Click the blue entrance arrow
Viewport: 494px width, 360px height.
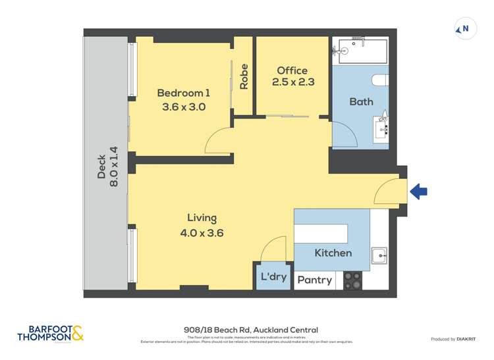(419, 192)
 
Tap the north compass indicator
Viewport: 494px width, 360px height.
(465, 29)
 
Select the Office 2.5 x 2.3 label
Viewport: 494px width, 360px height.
(292, 76)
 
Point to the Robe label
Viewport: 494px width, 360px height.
(244, 76)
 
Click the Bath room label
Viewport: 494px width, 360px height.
(361, 101)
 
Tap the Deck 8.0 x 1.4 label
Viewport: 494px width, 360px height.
(107, 167)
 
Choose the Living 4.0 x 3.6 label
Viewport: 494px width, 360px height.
(202, 224)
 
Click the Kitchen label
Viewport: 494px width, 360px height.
(333, 253)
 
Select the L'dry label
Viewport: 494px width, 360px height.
(274, 276)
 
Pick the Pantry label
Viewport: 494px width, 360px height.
(314, 280)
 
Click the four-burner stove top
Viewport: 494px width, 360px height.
(352, 281)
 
